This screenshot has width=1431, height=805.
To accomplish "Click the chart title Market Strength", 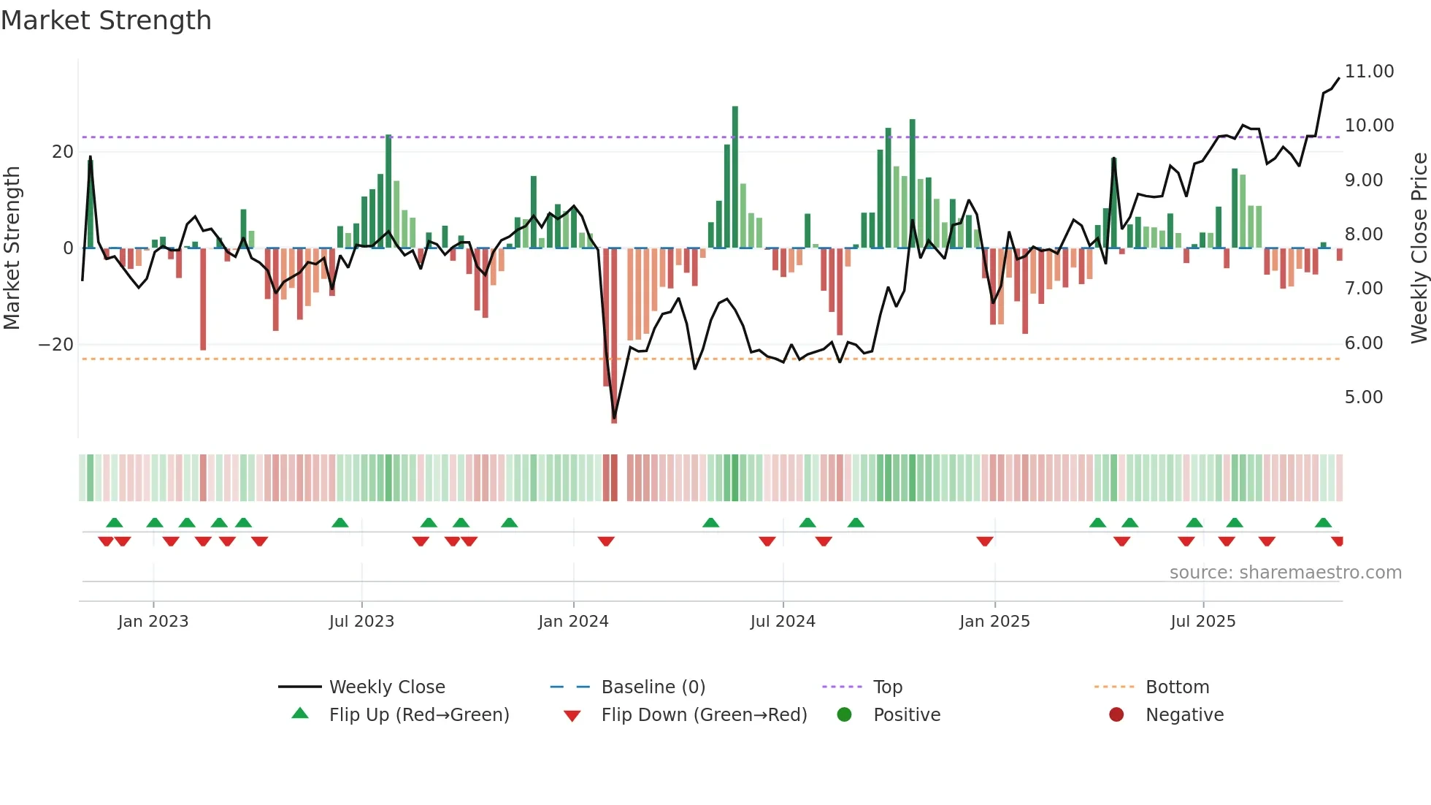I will [106, 20].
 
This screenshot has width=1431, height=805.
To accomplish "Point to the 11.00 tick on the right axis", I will [1369, 72].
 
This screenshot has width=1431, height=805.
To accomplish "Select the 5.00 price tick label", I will [1363, 397].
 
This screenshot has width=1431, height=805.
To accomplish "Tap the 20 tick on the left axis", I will [63, 152].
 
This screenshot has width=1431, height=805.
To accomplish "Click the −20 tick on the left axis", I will [56, 345].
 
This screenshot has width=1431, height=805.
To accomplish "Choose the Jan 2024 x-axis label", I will [573, 622].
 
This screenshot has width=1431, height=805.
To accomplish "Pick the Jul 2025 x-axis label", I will [1202, 622].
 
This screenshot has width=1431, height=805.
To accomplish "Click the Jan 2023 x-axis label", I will [153, 622].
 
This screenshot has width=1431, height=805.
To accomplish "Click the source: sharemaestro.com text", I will [1285, 573].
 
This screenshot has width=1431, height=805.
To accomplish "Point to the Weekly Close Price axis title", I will [1419, 248].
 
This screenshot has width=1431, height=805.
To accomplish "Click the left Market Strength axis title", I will [12, 248].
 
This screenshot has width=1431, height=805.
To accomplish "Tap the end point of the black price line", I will [1339, 78].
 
